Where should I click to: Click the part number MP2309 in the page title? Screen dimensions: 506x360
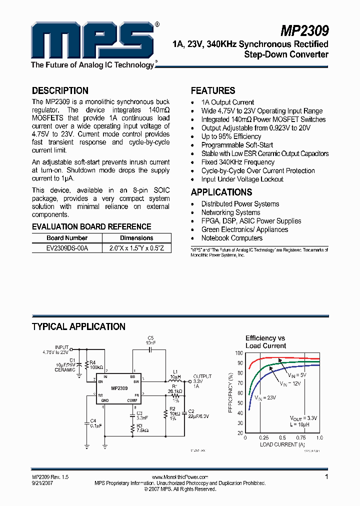304,31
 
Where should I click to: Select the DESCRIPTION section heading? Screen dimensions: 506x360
60,91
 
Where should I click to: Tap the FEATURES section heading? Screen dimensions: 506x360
213,91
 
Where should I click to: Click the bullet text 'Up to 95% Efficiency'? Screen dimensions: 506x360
231,136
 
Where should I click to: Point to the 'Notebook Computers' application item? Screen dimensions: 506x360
231,238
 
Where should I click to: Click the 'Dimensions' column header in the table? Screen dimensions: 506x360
136,238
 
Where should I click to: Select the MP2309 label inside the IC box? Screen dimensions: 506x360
119,388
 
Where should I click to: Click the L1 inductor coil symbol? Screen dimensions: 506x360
175,380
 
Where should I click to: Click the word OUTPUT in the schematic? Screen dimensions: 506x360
202,376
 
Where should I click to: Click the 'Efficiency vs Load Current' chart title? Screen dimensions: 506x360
265,342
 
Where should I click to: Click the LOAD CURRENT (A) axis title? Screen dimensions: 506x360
281,444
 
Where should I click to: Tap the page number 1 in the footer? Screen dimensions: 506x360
326,477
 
